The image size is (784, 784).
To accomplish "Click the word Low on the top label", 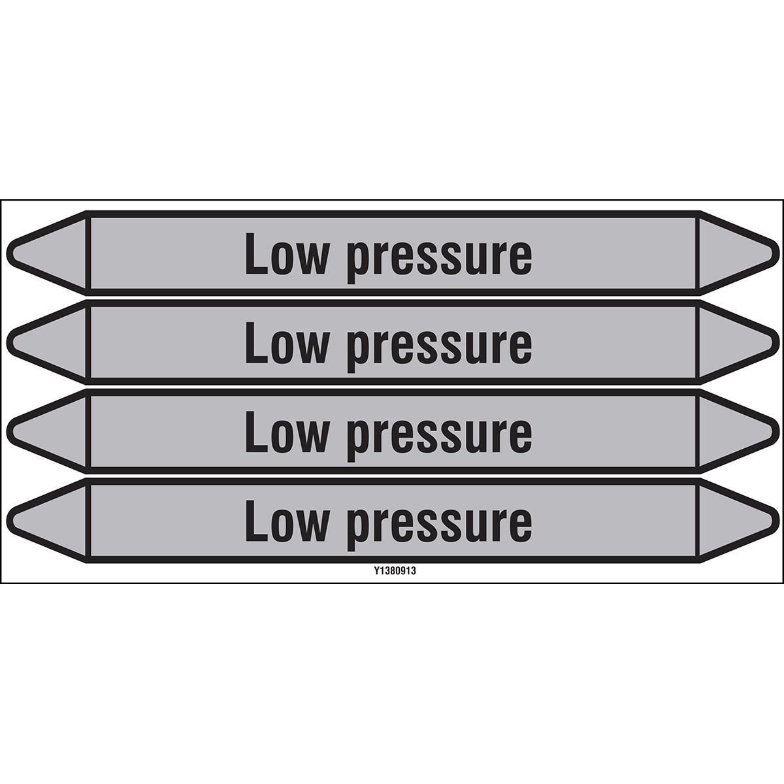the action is (x=286, y=253).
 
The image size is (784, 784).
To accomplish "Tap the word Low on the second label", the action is (x=286, y=342).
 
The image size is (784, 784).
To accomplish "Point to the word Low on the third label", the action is (x=286, y=431).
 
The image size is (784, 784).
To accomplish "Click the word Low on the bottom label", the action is (x=286, y=521).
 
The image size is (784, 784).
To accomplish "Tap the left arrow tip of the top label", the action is (x=8, y=253).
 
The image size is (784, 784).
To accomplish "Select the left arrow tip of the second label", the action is (x=8, y=342).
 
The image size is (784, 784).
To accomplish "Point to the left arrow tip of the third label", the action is (x=8, y=431).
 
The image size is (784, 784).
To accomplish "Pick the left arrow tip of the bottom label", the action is (x=8, y=521).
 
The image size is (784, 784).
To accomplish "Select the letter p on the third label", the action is (x=359, y=440).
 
